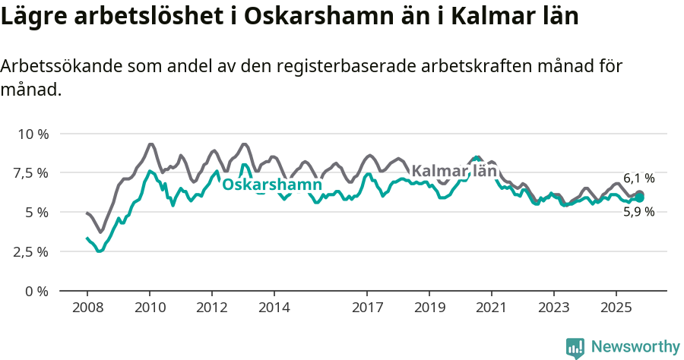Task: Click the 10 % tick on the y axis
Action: coord(33,134)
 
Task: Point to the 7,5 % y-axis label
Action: coord(31,173)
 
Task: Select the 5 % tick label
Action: coord(36,213)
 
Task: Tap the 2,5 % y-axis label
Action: coord(31,251)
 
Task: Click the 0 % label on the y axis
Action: coord(36,291)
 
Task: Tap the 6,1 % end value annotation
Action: coord(638,178)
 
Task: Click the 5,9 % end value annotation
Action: coord(638,213)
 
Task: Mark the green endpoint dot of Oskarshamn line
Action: coord(640,197)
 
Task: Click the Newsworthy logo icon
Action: coord(575,347)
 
